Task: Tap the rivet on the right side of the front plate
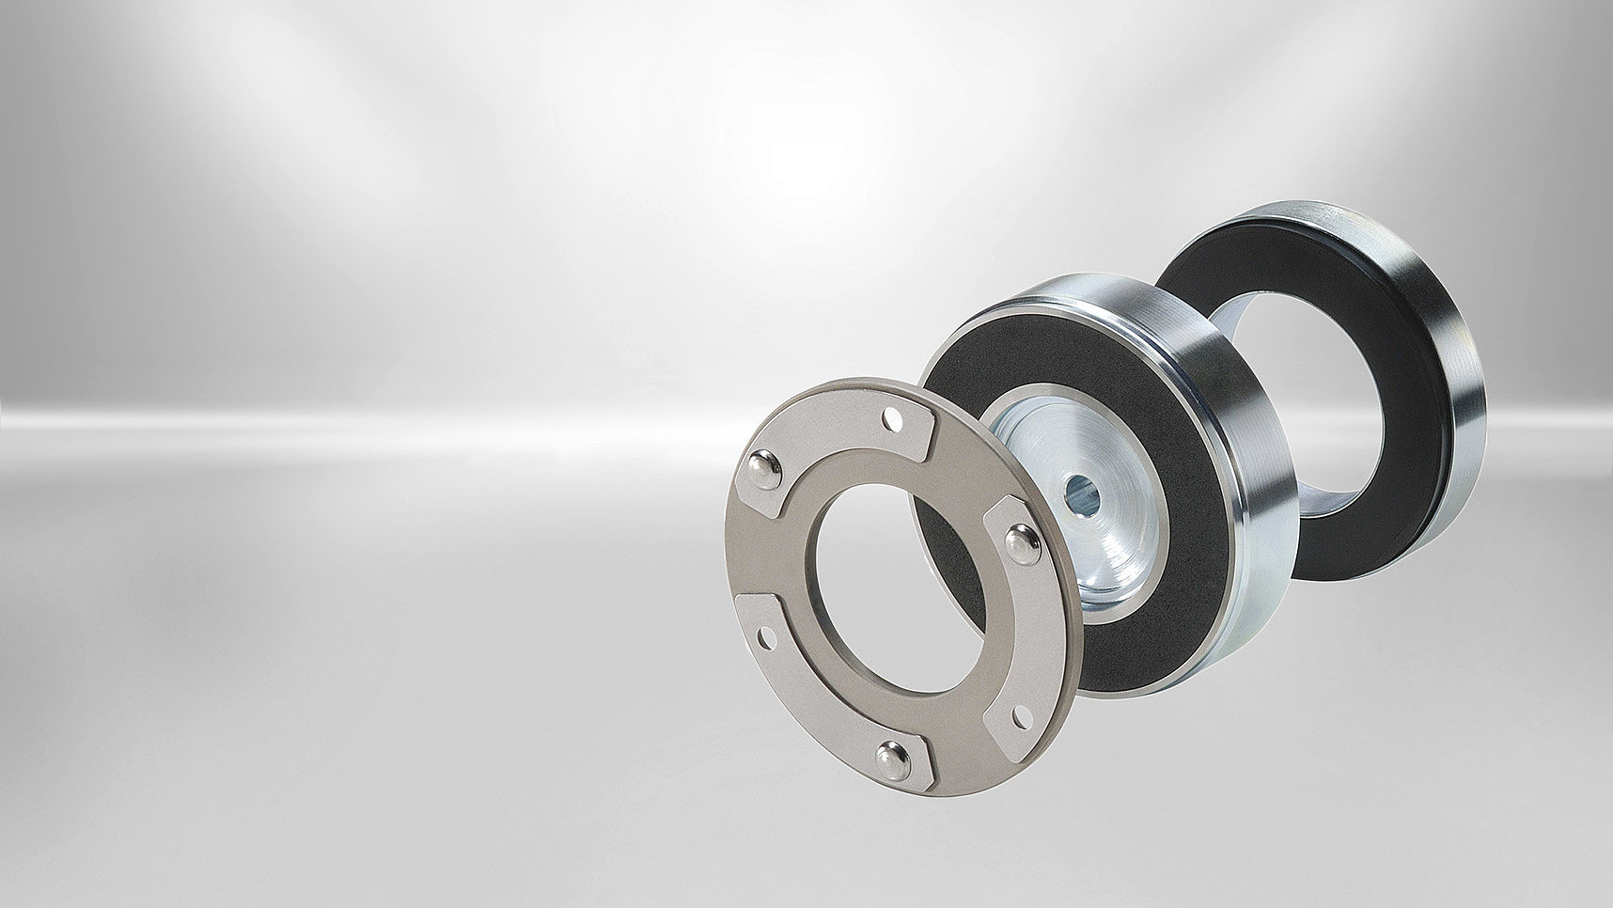pyautogui.click(x=1019, y=540)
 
